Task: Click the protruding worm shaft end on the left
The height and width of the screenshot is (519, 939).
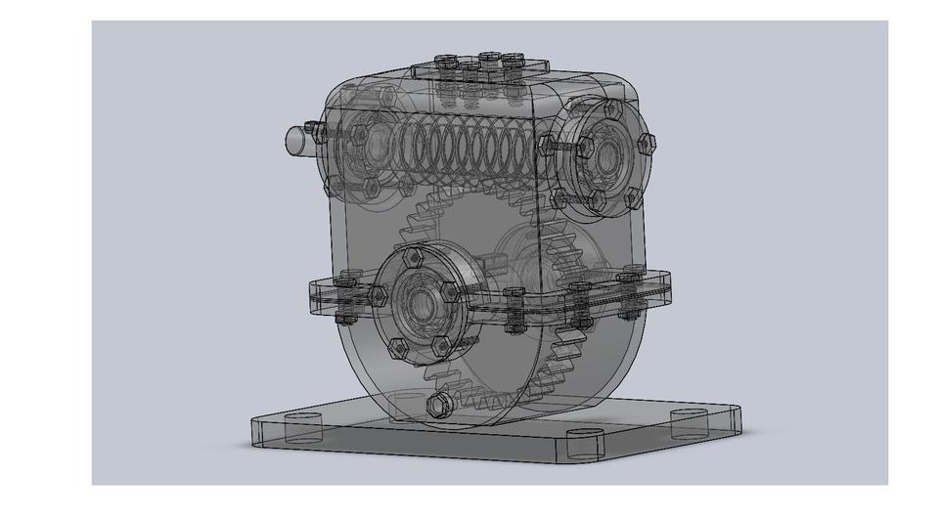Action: click(x=293, y=139)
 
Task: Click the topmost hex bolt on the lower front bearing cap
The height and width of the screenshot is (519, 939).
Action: click(x=413, y=256)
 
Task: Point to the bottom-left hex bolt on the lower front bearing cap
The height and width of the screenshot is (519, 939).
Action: click(x=397, y=346)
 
